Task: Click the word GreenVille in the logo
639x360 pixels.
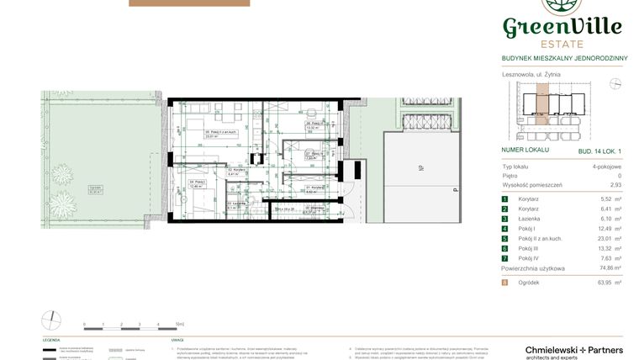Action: click(562, 26)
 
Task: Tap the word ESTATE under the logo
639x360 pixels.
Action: click(562, 45)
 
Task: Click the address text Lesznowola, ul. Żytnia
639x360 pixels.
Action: click(531, 74)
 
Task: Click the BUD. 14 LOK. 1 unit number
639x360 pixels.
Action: click(599, 150)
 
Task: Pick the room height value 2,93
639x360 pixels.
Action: click(615, 184)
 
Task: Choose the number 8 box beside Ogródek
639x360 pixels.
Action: click(505, 283)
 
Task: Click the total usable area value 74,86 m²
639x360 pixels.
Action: click(610, 268)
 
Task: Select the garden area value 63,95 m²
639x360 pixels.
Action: click(610, 283)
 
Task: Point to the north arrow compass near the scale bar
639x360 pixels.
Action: click(51, 320)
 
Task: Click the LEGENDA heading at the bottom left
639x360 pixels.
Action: click(51, 340)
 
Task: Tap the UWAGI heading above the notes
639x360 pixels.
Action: click(177, 340)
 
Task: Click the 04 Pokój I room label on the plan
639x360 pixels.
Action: click(196, 183)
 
